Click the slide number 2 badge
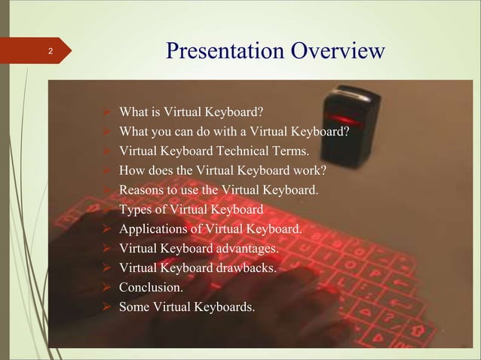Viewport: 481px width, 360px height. tap(50, 52)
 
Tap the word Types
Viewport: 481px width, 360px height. tap(137, 209)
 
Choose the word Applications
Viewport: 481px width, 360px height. tap(152, 229)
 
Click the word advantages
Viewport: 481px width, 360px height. tap(244, 248)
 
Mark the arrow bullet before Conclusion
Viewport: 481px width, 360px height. tap(109, 287)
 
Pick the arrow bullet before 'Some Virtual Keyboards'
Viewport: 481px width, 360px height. tap(109, 307)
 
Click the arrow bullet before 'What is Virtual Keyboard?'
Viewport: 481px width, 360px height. tap(109, 114)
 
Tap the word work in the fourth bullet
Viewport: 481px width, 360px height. tap(313, 171)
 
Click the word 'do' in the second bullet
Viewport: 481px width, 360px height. tap(195, 133)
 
